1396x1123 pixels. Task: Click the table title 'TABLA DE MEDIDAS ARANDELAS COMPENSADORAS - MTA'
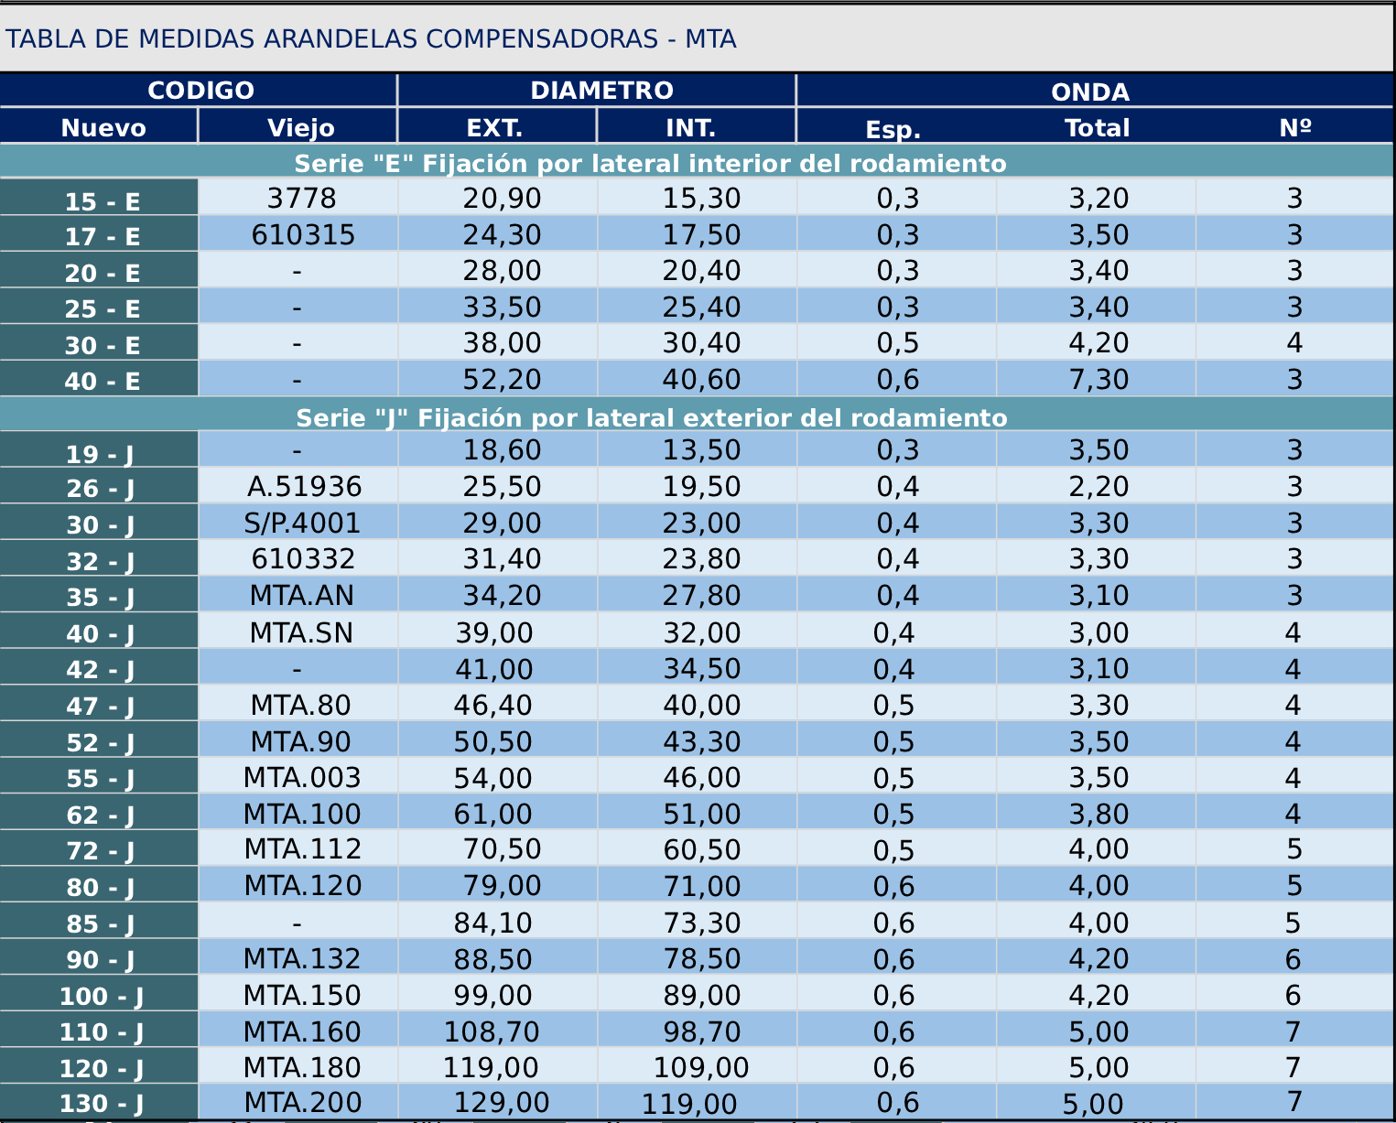371,39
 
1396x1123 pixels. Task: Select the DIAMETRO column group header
601,91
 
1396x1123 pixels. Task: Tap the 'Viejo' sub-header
301,127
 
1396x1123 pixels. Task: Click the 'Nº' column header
1294,127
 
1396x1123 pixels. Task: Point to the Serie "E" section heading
650,163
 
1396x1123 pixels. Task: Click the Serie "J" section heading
651,417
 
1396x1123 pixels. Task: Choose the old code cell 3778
302,199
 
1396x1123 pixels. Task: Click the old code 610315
303,235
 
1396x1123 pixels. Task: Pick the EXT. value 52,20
502,379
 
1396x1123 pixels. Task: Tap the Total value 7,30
1098,379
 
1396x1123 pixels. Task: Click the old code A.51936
304,486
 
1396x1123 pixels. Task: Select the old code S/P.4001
302,523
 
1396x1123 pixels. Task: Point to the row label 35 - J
101,597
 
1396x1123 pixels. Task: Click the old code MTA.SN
301,632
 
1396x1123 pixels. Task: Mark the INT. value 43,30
701,741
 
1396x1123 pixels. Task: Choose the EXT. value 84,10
492,923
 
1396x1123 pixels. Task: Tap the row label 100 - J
101,996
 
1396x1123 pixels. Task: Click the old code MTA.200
302,1103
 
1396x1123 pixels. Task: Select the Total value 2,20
1098,486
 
